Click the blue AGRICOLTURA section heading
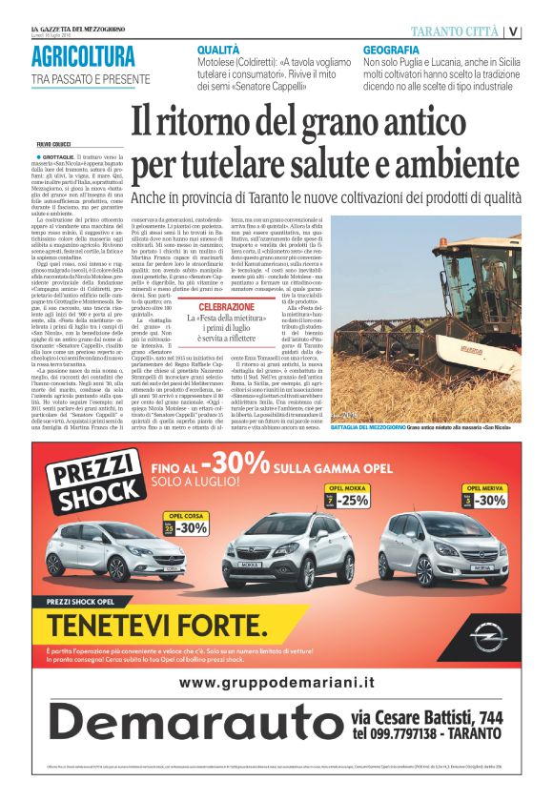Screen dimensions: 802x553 pos(83,55)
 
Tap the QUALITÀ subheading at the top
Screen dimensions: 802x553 pos(218,48)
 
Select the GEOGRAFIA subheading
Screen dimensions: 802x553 pos(391,49)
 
